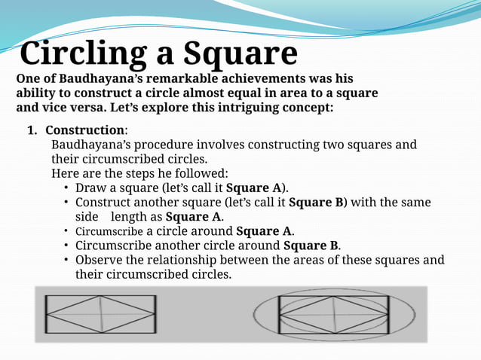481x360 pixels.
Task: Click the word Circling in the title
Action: pos(83,53)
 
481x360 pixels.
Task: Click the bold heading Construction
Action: pos(84,130)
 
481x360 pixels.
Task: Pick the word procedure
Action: pos(156,145)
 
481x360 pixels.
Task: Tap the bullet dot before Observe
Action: pos(67,260)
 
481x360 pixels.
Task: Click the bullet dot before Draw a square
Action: pos(67,188)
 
